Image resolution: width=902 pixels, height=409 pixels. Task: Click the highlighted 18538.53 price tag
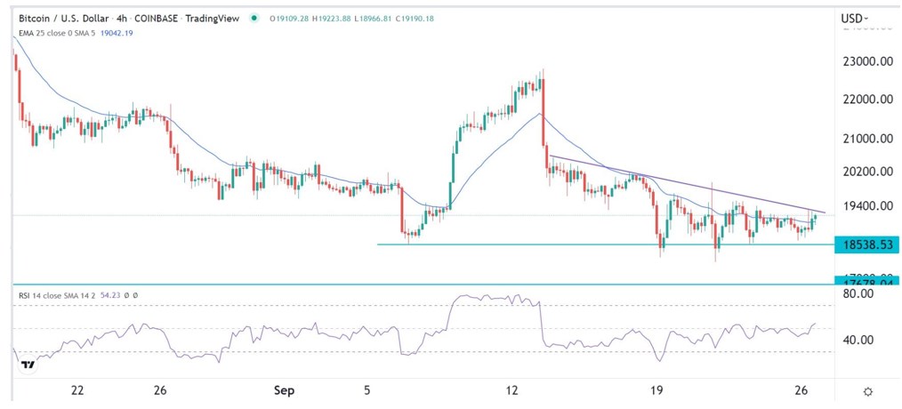click(866, 245)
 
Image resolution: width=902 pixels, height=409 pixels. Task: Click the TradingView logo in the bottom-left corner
click(28, 365)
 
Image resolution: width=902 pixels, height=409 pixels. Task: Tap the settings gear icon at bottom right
click(867, 391)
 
